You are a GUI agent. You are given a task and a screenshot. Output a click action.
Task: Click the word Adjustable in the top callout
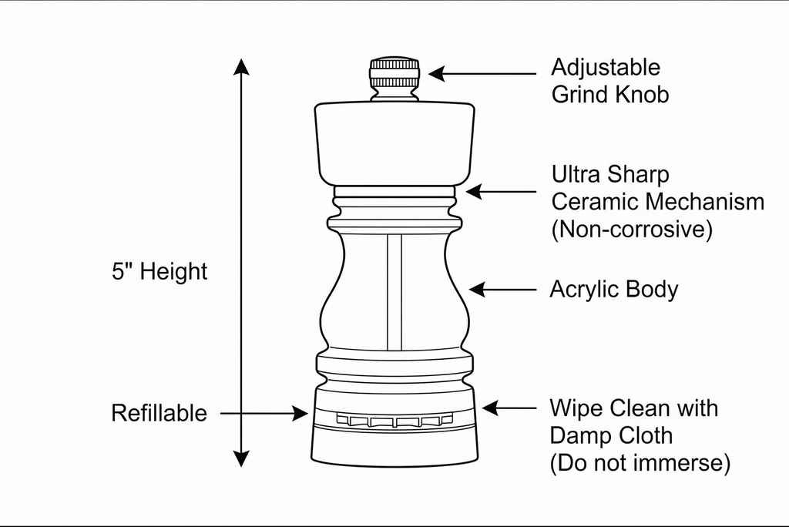(x=606, y=68)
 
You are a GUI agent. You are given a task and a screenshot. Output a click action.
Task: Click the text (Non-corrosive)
(x=632, y=229)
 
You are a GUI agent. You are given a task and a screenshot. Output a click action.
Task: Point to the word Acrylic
(x=579, y=290)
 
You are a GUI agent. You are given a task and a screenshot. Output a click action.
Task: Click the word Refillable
(x=159, y=413)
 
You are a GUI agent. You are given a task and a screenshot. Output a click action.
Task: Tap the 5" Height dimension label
(x=159, y=271)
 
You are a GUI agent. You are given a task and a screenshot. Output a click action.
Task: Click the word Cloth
(x=646, y=435)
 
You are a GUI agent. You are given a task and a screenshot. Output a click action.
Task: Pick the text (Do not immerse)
(x=640, y=462)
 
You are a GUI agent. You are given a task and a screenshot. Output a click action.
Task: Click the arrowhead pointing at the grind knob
(x=436, y=73)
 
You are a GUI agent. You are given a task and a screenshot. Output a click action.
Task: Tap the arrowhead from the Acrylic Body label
(x=476, y=290)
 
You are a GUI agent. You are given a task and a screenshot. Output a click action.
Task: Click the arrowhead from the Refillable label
(x=300, y=413)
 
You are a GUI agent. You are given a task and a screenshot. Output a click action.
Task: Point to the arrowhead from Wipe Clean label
(x=490, y=408)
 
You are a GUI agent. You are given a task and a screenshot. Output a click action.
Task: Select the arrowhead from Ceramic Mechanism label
(x=474, y=191)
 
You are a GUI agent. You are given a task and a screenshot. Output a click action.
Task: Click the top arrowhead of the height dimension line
(x=241, y=66)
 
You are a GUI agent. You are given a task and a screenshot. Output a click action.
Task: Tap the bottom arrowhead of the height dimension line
(x=241, y=458)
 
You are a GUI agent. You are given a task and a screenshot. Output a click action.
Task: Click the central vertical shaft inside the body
(x=394, y=292)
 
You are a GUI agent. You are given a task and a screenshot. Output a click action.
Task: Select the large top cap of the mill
(x=394, y=143)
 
